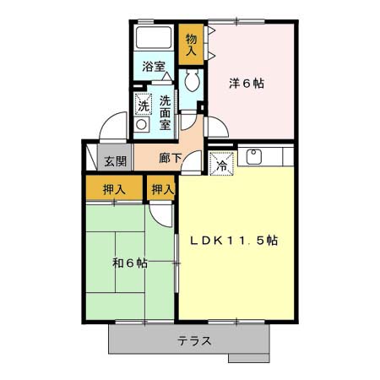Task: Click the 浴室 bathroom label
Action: [154, 67]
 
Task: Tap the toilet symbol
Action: [193, 80]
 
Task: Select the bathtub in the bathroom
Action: [154, 38]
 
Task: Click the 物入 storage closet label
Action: [191, 45]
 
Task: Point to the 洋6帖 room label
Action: [247, 84]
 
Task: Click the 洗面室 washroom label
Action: [166, 112]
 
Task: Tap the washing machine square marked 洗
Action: [144, 104]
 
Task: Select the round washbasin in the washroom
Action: [141, 124]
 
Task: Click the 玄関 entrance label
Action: [116, 161]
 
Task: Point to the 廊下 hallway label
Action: [171, 158]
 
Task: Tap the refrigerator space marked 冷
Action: [222, 164]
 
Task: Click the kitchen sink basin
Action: [254, 156]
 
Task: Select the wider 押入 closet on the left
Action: [114, 188]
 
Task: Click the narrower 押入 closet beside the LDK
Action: [161, 188]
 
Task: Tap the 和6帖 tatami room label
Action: [130, 263]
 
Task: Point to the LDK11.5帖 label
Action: [234, 241]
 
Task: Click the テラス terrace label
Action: [194, 341]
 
